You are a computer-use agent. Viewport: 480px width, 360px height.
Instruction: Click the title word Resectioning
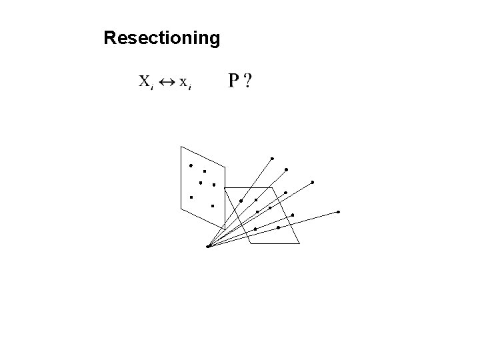click(161, 39)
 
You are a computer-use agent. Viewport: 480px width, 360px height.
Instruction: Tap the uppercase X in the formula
click(144, 82)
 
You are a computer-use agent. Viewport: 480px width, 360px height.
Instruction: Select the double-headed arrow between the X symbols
click(166, 83)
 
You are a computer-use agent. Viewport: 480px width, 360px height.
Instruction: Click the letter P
click(234, 81)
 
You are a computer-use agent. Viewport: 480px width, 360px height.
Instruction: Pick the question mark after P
click(248, 81)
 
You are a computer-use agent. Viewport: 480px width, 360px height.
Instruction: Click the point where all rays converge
click(208, 246)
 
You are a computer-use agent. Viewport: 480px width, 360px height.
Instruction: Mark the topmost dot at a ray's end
click(272, 158)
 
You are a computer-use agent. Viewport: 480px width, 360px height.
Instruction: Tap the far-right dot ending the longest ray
click(338, 212)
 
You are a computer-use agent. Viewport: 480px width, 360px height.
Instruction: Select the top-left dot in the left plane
click(190, 165)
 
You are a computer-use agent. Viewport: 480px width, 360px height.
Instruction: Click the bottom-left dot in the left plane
click(191, 197)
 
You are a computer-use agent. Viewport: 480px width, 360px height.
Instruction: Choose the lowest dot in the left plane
click(212, 206)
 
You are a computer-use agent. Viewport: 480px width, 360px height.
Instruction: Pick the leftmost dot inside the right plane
click(241, 201)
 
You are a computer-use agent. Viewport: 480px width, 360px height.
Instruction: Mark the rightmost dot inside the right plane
click(293, 215)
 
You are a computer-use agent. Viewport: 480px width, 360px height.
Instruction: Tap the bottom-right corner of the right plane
click(300, 243)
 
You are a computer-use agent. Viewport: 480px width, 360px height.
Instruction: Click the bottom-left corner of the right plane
click(250, 243)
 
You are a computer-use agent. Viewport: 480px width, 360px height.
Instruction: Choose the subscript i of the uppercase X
click(153, 88)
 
